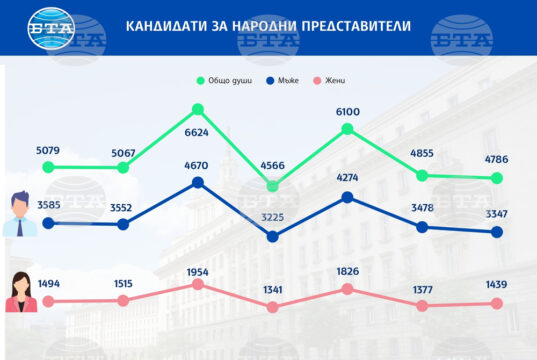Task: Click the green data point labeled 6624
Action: tap(198, 109)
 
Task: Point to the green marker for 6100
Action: tap(348, 129)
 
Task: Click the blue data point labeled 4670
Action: tap(198, 182)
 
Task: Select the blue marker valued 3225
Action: tap(273, 237)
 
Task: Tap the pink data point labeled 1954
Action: tap(198, 284)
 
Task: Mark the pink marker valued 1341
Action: tap(273, 307)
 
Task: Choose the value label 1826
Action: tap(348, 272)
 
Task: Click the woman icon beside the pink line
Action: tap(19, 293)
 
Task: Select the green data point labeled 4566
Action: tap(273, 186)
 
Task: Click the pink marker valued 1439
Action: tap(497, 303)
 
